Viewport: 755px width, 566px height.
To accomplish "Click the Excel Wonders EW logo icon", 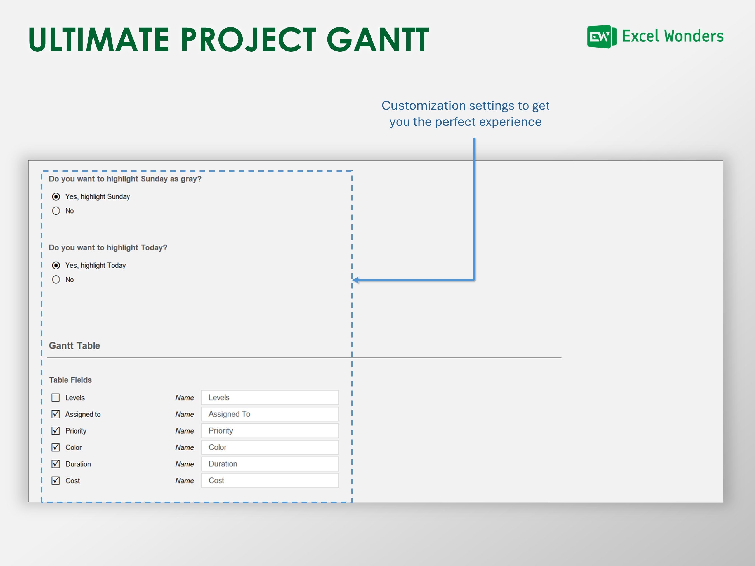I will (x=601, y=37).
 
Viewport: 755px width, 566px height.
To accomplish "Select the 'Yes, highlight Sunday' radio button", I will (x=56, y=197).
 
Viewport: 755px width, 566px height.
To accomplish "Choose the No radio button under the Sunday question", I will (x=56, y=211).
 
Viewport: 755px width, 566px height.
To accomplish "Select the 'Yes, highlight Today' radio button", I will (x=56, y=266).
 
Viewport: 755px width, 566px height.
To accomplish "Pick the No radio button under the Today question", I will (x=56, y=280).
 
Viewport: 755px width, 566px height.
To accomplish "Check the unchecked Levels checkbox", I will (x=56, y=398).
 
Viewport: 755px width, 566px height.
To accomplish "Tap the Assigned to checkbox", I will (x=56, y=414).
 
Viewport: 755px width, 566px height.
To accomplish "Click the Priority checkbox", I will (x=56, y=431).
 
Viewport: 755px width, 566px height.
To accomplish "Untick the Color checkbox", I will (x=56, y=447).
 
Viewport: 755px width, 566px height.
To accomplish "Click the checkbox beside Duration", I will (x=56, y=464).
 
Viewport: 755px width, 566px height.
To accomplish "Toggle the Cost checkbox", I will (x=56, y=481).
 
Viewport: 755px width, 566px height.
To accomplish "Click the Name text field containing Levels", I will (x=270, y=398).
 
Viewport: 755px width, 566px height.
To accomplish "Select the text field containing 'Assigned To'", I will (x=270, y=414).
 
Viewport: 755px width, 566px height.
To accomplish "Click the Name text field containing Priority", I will (x=270, y=431).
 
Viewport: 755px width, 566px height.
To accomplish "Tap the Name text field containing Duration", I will (x=270, y=464).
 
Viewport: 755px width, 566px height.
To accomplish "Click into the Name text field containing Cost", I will (x=270, y=481).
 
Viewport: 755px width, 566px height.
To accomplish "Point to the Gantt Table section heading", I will (x=74, y=345).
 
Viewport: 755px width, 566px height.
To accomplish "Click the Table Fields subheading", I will (x=70, y=380).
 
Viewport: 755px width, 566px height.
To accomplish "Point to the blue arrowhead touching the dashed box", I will (x=356, y=280).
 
